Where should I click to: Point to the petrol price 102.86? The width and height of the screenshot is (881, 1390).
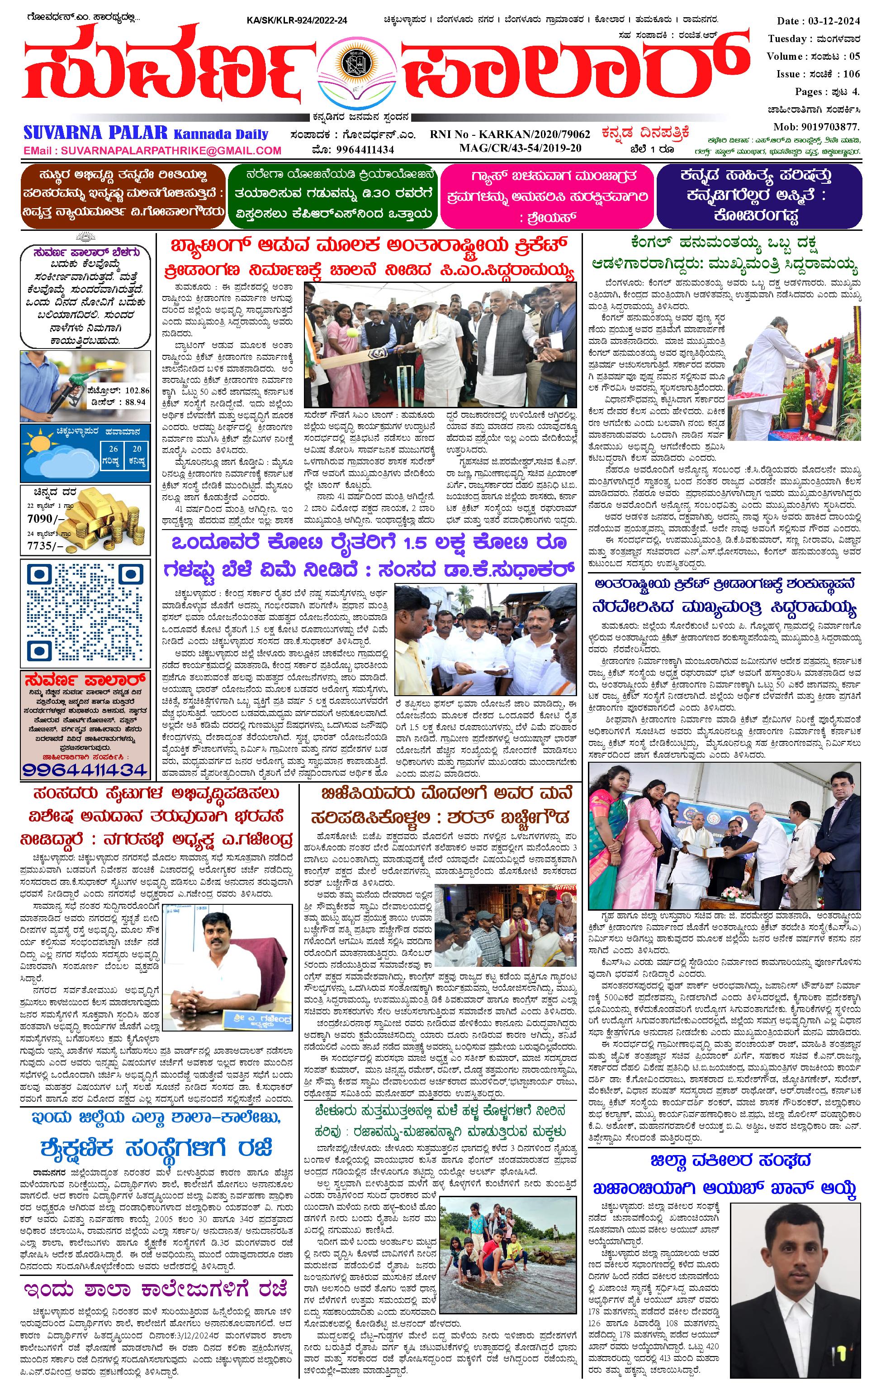136,390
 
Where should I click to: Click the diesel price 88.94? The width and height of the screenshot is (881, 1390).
136,402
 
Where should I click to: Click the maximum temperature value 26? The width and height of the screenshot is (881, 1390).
114,449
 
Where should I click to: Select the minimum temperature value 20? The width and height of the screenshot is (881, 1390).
137,449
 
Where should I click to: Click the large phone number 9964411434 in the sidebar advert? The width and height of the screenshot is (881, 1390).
85,769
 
